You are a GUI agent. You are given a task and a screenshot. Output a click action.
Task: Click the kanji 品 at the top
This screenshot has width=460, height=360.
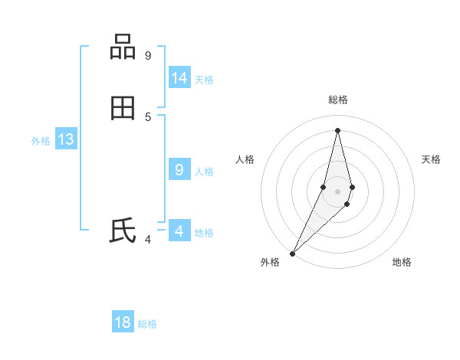[123, 47]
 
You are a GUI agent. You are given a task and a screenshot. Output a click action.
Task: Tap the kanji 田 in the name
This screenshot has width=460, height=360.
[123, 109]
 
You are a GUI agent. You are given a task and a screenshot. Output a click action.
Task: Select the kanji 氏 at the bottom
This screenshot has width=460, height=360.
[123, 231]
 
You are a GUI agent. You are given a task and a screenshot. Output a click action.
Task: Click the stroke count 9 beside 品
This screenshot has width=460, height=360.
[148, 55]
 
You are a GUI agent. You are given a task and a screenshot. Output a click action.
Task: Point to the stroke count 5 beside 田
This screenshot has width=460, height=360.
[148, 116]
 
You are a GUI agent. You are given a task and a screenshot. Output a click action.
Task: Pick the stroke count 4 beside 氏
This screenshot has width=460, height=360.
[148, 239]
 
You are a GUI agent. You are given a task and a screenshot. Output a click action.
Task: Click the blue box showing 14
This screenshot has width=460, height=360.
[179, 78]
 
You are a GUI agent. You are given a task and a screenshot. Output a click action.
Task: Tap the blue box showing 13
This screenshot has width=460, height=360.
[66, 139]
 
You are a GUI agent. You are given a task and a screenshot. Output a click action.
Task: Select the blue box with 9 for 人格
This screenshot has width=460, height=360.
[179, 170]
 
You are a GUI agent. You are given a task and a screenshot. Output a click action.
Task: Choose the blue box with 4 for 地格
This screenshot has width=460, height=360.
[179, 231]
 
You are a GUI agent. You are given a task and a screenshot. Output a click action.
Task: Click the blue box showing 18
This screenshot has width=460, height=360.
[123, 322]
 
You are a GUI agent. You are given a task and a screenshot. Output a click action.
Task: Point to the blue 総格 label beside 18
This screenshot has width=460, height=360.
[147, 324]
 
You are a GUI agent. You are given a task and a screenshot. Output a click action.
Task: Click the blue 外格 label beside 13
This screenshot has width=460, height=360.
[41, 141]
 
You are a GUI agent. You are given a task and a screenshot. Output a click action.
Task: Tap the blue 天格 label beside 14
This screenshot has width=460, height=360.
[204, 80]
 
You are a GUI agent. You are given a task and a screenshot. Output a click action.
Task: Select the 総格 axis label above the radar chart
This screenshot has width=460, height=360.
[337, 100]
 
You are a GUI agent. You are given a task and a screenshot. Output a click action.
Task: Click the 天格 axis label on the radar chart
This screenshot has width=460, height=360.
[431, 159]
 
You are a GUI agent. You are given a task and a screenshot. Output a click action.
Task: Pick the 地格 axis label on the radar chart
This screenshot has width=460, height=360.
[402, 262]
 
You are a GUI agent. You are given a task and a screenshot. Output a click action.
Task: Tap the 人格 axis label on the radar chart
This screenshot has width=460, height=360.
[245, 159]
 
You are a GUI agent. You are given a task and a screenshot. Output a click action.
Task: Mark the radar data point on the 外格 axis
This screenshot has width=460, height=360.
[292, 253]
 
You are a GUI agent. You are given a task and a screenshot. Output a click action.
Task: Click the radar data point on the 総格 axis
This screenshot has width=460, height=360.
[337, 130]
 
